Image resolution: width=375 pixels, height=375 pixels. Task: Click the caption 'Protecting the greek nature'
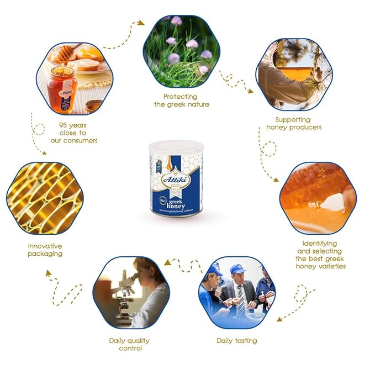pyautogui.click(x=181, y=101)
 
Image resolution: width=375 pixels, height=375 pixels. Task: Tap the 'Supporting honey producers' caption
pyautogui.click(x=294, y=123)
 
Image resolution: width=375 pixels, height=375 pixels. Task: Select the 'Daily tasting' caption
pyautogui.click(x=236, y=341)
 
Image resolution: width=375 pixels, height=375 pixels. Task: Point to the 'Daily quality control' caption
pyautogui.click(x=129, y=345)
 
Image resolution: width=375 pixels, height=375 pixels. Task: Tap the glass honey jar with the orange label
pyautogui.click(x=61, y=89)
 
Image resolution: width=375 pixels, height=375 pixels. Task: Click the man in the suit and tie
pyautogui.click(x=241, y=293)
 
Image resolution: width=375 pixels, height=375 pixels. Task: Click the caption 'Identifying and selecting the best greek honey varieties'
pyautogui.click(x=320, y=255)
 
